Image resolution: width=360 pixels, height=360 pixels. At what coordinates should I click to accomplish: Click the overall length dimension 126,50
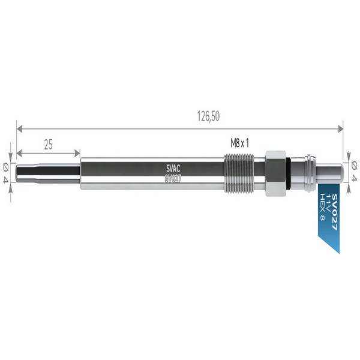208,116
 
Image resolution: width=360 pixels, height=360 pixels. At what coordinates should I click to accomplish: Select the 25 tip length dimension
48,145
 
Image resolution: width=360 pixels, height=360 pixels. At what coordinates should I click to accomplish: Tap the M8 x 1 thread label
239,143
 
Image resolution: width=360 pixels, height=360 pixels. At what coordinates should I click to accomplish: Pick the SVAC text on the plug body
173,169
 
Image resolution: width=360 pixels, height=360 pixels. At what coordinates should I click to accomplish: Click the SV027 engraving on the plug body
173,178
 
